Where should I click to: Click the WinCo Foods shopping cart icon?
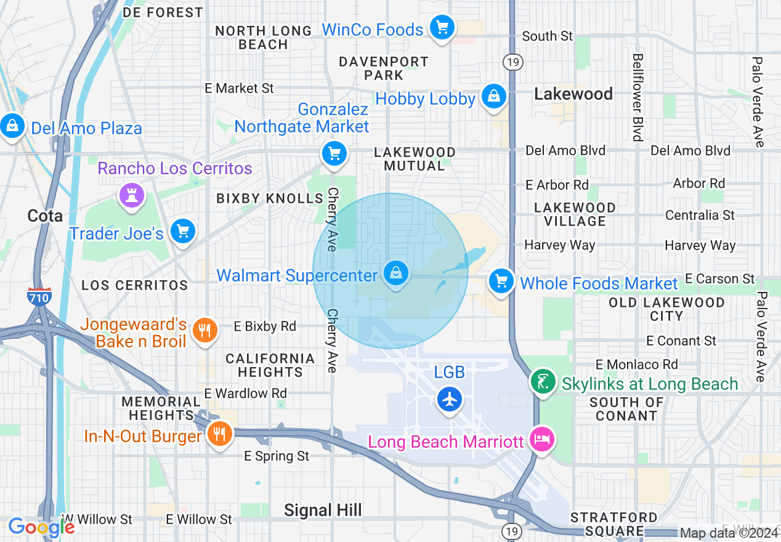coord(442,28)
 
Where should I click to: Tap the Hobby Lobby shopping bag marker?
coord(493,97)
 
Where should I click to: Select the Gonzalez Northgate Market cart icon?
coord(334,154)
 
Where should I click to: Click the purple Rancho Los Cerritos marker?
coord(131,196)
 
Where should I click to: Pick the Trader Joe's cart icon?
coord(183,232)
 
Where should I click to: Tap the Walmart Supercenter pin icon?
coord(396,273)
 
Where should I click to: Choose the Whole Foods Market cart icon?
coord(501,282)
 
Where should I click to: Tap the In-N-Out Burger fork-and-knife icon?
coord(219,434)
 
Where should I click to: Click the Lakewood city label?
coord(573,94)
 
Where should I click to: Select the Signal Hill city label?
coord(323,510)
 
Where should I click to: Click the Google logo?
coord(41,527)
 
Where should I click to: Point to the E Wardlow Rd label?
coord(246,393)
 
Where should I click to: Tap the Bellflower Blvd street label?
coord(637,97)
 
